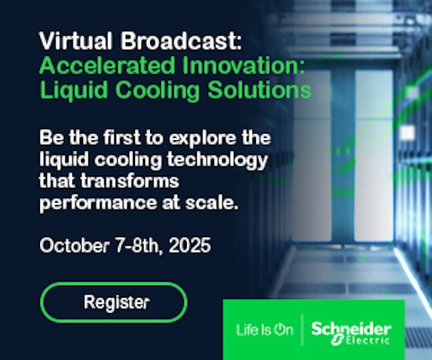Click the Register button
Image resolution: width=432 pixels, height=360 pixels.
click(x=114, y=302)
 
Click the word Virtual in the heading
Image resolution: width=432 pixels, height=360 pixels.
click(x=76, y=41)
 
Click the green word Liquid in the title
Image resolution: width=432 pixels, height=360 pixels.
click(x=74, y=90)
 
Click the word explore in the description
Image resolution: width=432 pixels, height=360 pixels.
click(x=203, y=138)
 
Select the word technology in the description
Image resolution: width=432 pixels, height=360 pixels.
click(x=217, y=160)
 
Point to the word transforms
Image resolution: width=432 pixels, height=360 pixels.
click(x=130, y=181)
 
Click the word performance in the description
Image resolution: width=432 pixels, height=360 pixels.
click(x=98, y=204)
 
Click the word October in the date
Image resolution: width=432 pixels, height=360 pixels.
click(x=74, y=245)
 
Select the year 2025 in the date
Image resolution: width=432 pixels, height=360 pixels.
click(x=190, y=245)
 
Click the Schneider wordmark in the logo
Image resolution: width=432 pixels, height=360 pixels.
click(x=352, y=329)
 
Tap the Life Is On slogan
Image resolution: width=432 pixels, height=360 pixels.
click(x=265, y=329)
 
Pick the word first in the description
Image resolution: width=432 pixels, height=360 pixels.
click(x=122, y=137)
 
